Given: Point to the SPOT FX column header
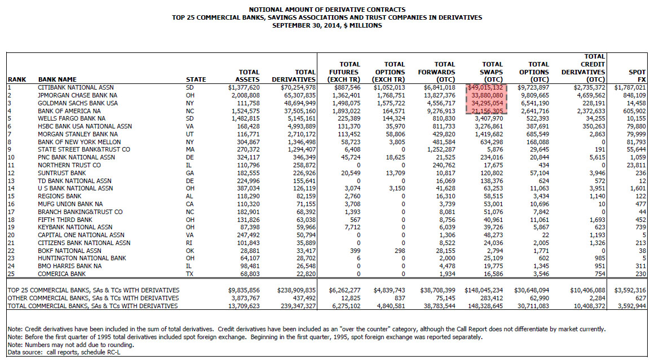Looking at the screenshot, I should click(x=636, y=75).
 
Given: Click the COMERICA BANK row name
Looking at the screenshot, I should click(x=62, y=274).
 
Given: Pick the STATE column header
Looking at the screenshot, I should click(x=196, y=79).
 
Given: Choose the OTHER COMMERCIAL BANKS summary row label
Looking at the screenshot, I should click(x=93, y=298).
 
